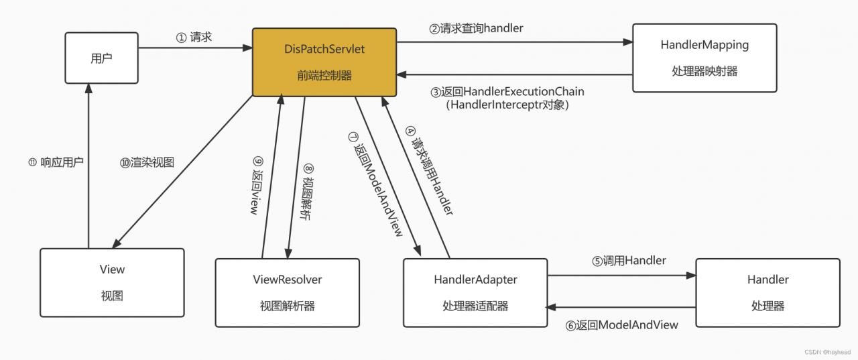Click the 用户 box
coord(101,58)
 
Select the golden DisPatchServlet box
coord(324,62)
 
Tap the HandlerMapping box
coord(704,58)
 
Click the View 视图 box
coord(112,282)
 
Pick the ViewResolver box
coord(287,292)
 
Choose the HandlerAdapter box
coord(475,292)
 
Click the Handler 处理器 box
coord(768,292)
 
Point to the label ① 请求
coord(194,38)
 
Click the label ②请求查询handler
coord(476,29)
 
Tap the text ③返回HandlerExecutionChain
coord(507,92)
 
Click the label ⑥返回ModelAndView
coord(621,325)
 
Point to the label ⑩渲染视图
coord(147,162)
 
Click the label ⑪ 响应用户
coord(56,162)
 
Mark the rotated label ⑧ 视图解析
coord(307,193)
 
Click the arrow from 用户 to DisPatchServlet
coord(194,48)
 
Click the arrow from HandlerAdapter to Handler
coord(621,275)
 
